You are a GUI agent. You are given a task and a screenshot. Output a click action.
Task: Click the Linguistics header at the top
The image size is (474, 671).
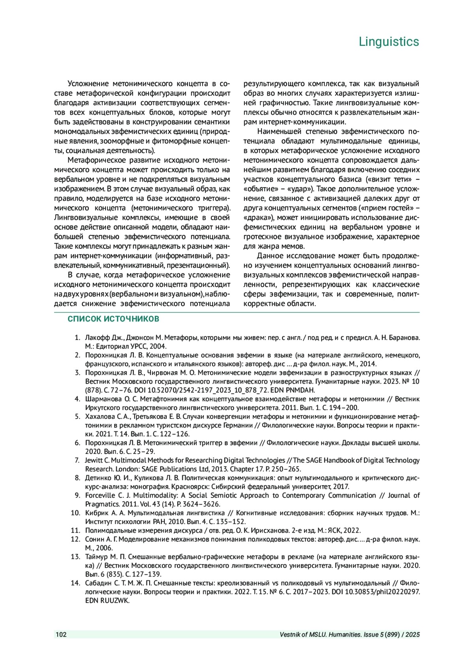coord(389,42)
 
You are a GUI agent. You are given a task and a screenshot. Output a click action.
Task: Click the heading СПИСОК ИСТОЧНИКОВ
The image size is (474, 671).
coord(113,319)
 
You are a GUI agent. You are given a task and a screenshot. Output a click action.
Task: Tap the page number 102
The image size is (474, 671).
coord(61,635)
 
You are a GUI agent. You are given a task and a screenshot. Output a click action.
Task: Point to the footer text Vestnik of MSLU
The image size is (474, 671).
coord(302,635)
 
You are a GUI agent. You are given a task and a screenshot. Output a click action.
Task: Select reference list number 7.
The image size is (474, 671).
coord(77,460)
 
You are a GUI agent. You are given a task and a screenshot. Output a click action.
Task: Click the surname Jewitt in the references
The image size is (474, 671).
coord(94,460)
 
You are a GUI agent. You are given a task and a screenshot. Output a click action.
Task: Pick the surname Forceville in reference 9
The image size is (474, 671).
coord(100,495)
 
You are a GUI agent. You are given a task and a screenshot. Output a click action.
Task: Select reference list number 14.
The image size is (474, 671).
coord(75,583)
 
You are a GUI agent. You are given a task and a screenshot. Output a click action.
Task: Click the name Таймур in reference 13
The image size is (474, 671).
coord(96,557)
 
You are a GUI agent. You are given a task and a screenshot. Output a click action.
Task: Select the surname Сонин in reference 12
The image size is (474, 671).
coord(94,539)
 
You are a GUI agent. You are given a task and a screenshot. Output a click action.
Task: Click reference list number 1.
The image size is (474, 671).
coord(77,338)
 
